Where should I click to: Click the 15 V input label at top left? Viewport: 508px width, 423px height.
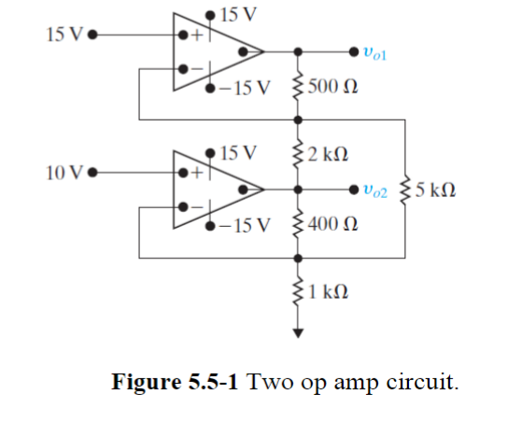[63, 35]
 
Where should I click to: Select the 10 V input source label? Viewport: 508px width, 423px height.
[63, 173]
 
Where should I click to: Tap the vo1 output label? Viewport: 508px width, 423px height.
[384, 54]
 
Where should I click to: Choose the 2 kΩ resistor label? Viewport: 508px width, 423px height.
[329, 154]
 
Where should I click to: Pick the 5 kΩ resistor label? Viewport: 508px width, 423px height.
[435, 190]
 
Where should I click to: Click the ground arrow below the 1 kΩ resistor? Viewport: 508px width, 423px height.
[298, 330]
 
